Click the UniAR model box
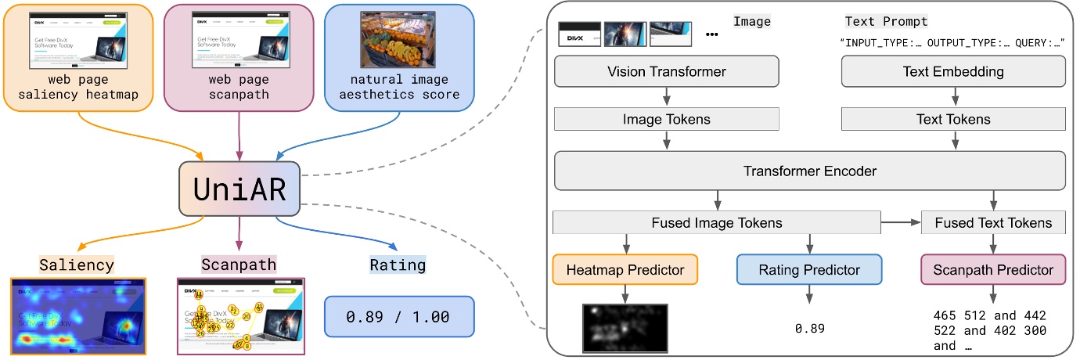click(x=239, y=189)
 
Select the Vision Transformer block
click(x=667, y=72)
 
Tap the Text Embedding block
click(x=953, y=72)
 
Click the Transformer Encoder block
click(x=810, y=171)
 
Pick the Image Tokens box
click(x=667, y=119)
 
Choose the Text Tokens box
click(x=953, y=119)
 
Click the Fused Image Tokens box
click(x=716, y=223)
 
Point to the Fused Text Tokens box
click(x=993, y=223)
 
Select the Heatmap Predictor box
click(x=625, y=270)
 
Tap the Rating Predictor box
click(x=809, y=270)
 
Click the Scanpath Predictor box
click(x=994, y=270)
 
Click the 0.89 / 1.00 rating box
click(x=399, y=317)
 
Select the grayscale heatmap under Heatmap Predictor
click(x=625, y=327)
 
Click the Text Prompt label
click(x=886, y=22)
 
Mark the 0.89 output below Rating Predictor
click(x=809, y=329)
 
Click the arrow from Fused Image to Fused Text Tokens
click(x=900, y=223)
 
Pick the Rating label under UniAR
click(x=398, y=265)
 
